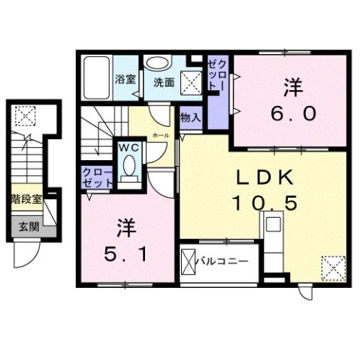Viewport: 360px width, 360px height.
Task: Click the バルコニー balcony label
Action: [223, 262]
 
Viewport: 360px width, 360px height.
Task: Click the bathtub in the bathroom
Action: [95, 77]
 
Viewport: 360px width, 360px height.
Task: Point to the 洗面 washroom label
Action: [164, 83]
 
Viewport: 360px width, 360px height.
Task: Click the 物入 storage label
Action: [190, 116]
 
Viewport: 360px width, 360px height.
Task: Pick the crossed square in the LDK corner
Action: [332, 266]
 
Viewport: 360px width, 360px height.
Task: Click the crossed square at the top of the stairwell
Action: [25, 115]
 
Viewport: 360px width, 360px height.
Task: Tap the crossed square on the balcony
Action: [189, 262]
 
